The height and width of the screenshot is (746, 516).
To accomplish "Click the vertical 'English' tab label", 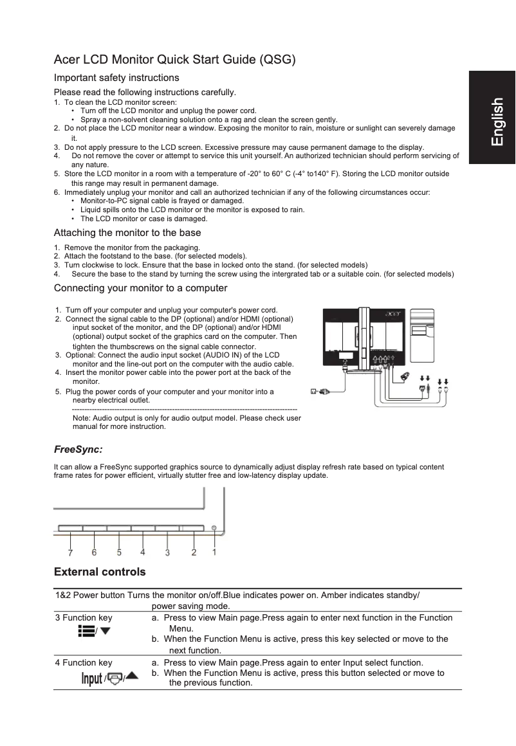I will pos(497,122).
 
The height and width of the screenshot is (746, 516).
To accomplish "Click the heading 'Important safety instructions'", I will pos(116,78).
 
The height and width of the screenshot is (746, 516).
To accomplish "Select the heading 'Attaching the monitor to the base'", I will pos(127,233).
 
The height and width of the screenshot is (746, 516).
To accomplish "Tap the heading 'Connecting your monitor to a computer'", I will pos(140,287).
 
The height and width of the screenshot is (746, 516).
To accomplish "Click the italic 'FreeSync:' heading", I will pos(78,449).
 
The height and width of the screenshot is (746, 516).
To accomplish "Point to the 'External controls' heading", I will pos(100,572).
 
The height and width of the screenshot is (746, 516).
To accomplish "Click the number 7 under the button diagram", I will pos(70,552).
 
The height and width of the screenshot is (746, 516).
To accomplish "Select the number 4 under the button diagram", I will pos(142,552).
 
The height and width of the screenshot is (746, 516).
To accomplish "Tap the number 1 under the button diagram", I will pos(214,552).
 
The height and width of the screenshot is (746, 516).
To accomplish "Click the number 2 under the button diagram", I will pos(194,552).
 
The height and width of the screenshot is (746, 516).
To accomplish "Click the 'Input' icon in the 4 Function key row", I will pos(92,678).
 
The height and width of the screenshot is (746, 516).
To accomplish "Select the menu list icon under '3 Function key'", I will pos(86,632).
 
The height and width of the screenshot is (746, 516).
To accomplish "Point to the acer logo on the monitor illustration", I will pos(392,314).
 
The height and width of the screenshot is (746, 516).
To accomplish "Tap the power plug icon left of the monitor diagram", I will pos(319,390).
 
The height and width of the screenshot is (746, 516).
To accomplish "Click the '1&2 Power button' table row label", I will pos(91,595).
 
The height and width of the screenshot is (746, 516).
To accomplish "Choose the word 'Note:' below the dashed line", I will pos(82,418).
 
